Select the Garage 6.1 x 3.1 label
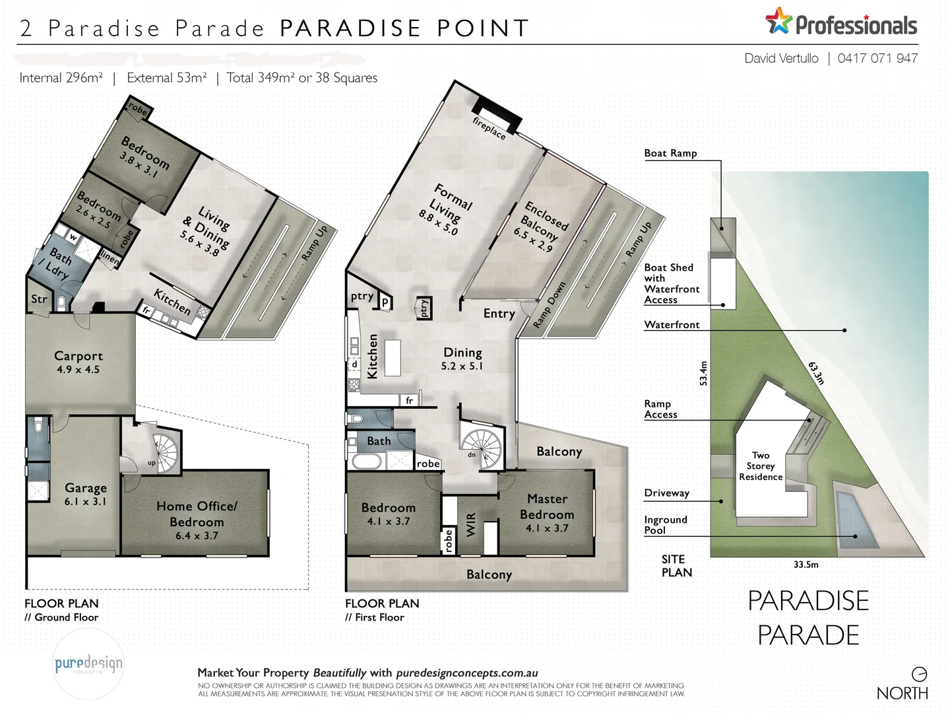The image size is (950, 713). click(86, 494)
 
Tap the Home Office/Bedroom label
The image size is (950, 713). click(197, 514)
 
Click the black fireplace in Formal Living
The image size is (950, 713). click(497, 112)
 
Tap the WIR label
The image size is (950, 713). click(471, 525)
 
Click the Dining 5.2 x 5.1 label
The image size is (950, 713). click(462, 358)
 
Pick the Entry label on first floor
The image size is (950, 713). click(499, 314)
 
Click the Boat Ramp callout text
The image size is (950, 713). click(670, 153)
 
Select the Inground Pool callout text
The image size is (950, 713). click(665, 525)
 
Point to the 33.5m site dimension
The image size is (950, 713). click(806, 564)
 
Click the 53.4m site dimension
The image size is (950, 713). click(703, 373)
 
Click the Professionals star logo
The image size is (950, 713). click(778, 21)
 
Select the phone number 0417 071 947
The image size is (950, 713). click(877, 58)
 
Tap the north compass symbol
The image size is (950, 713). click(919, 674)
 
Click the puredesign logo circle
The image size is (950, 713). click(88, 663)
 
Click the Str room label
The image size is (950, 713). click(39, 299)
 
